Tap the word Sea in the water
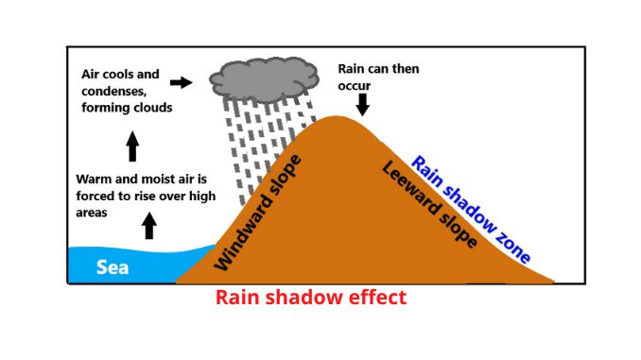click(113, 267)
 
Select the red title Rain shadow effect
click(311, 297)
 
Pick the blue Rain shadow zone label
click(469, 208)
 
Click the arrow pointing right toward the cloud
click(180, 83)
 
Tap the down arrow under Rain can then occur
click(364, 103)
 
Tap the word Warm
click(95, 179)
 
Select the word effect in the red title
click(374, 297)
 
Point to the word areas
click(92, 213)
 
